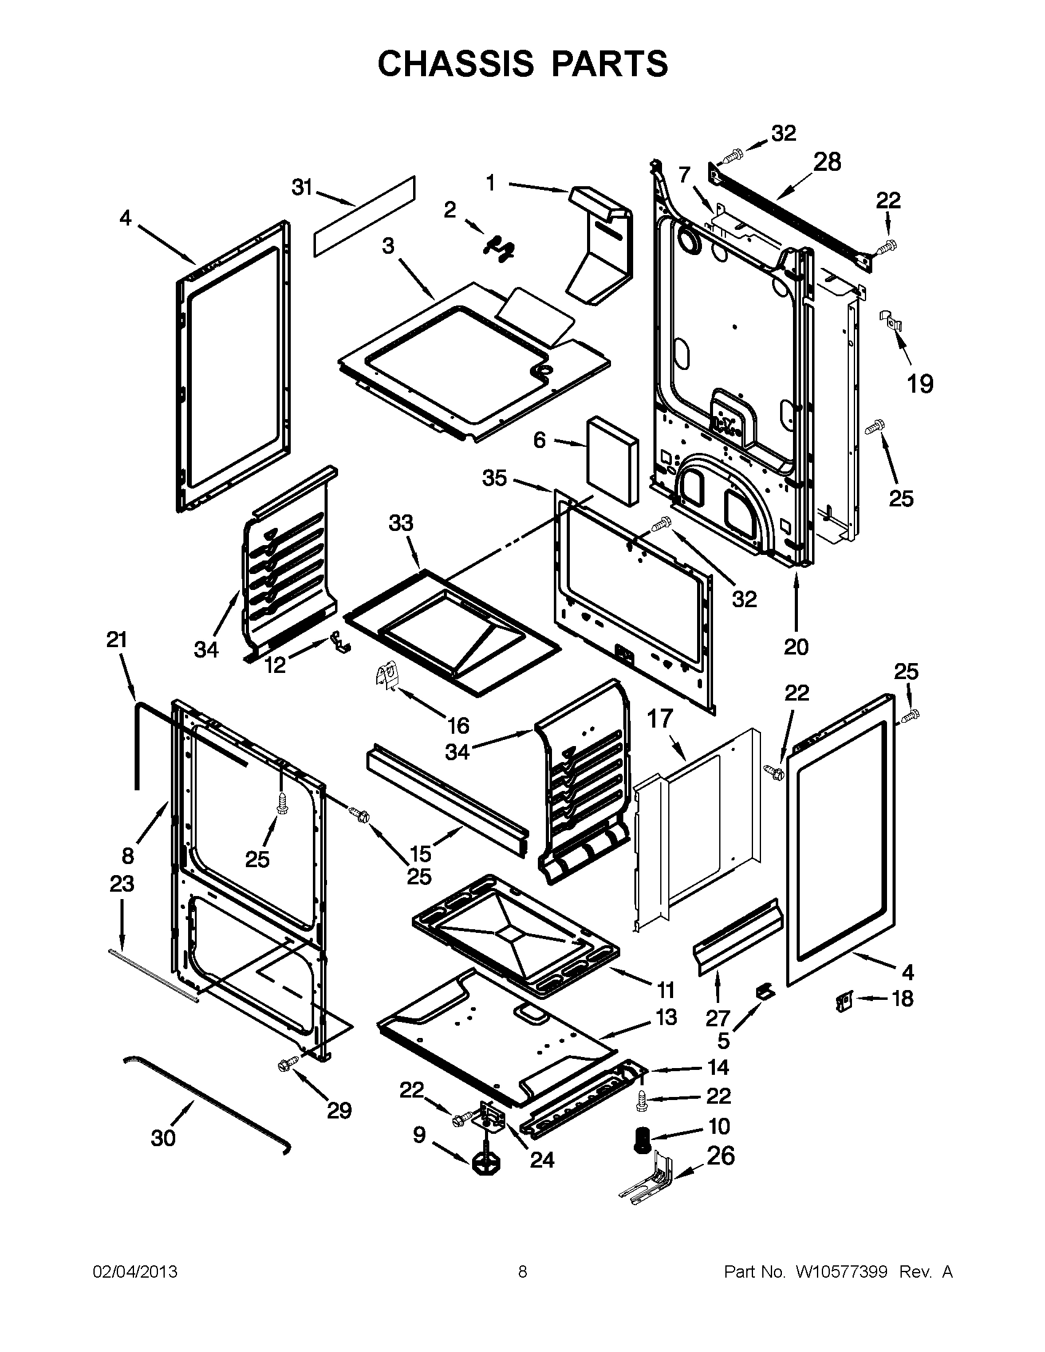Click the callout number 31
302,187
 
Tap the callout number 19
920,385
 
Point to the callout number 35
495,478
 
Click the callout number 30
164,1138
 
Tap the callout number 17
660,720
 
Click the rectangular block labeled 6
612,460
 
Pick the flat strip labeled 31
364,217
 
